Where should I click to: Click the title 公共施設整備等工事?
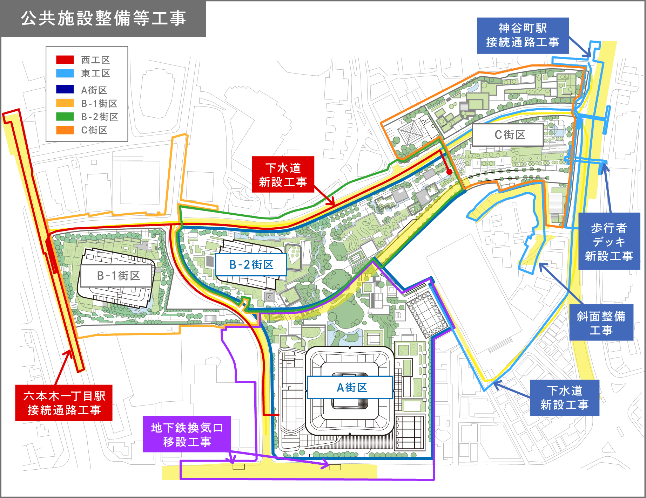(x=103, y=18)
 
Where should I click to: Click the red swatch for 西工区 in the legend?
(x=65, y=60)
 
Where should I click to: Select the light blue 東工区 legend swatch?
(x=65, y=73)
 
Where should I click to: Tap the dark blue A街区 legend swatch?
(x=65, y=90)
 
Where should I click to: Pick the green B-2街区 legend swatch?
(x=65, y=116)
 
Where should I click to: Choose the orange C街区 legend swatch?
(x=65, y=130)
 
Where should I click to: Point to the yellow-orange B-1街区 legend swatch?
(x=65, y=103)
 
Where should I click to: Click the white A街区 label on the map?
(x=350, y=387)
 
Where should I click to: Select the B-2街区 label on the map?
(x=251, y=264)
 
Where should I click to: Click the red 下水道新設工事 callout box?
(x=283, y=174)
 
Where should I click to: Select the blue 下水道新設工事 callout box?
(x=564, y=397)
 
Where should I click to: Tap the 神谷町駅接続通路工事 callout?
(x=523, y=35)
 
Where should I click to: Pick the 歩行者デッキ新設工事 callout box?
(x=609, y=241)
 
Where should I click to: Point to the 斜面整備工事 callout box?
(x=601, y=323)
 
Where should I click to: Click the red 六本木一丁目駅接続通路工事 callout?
(x=64, y=403)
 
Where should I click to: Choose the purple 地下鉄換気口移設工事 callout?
(x=187, y=434)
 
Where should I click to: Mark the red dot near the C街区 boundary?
(x=449, y=172)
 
